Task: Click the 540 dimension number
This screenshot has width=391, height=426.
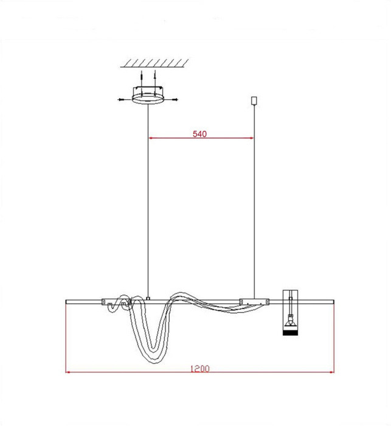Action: [x=200, y=134]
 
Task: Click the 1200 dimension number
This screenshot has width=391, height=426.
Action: [x=200, y=368]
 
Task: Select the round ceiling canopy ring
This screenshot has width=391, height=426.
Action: [x=149, y=97]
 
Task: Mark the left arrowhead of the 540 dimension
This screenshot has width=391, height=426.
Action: [x=152, y=138]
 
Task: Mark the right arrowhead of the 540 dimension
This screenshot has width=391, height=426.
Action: [x=251, y=138]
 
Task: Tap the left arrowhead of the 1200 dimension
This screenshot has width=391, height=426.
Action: [x=69, y=372]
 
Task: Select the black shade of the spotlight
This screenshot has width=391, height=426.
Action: [x=291, y=331]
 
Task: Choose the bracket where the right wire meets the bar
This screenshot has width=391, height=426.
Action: [x=254, y=301]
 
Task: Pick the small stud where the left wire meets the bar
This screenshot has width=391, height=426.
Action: [x=149, y=298]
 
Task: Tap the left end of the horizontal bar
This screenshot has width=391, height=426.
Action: [x=66, y=301]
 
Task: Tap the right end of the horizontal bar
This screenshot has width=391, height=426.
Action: [x=333, y=301]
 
